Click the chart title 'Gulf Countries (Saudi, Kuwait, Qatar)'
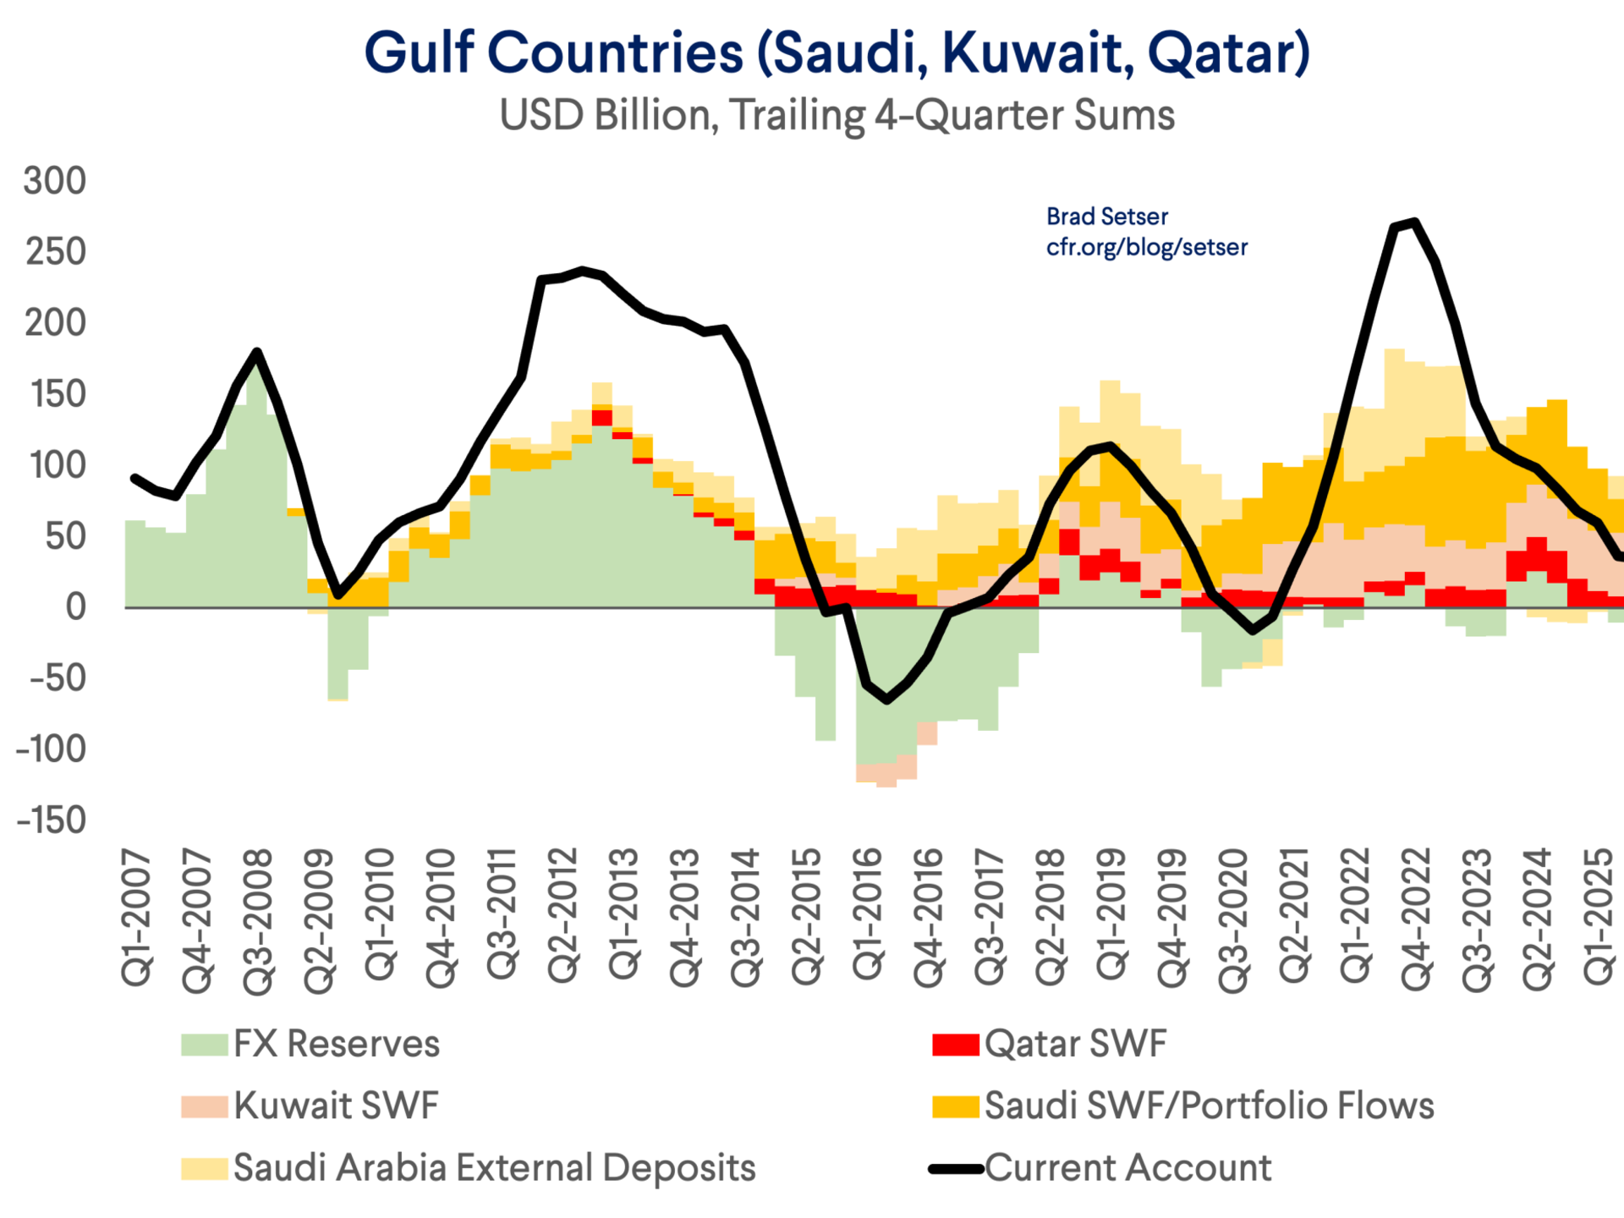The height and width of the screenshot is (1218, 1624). [x=837, y=52]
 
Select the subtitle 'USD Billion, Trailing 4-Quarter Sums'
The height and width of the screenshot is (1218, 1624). [x=837, y=115]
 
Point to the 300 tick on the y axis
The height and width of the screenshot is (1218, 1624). [x=55, y=181]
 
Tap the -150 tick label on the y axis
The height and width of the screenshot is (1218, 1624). [x=51, y=820]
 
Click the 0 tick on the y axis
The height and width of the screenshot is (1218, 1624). [x=76, y=606]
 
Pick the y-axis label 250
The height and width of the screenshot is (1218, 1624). [x=55, y=252]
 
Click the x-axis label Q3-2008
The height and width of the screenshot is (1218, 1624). [x=258, y=921]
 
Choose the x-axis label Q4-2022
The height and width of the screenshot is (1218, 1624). [x=1416, y=919]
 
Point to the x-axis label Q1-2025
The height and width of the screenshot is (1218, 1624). [x=1599, y=917]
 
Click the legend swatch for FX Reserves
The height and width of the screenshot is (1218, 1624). [x=204, y=1045]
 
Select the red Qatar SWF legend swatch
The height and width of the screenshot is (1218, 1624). [x=955, y=1045]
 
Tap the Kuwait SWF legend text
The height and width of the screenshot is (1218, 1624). [x=337, y=1106]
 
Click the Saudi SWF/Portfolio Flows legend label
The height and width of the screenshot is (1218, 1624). [x=1210, y=1106]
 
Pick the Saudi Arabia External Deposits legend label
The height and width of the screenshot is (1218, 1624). [x=495, y=1167]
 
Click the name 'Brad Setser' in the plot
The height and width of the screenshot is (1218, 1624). [x=1106, y=217]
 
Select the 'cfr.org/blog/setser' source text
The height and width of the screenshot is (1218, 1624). [x=1146, y=247]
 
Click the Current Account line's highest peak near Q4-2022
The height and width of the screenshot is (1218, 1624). [x=1415, y=222]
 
